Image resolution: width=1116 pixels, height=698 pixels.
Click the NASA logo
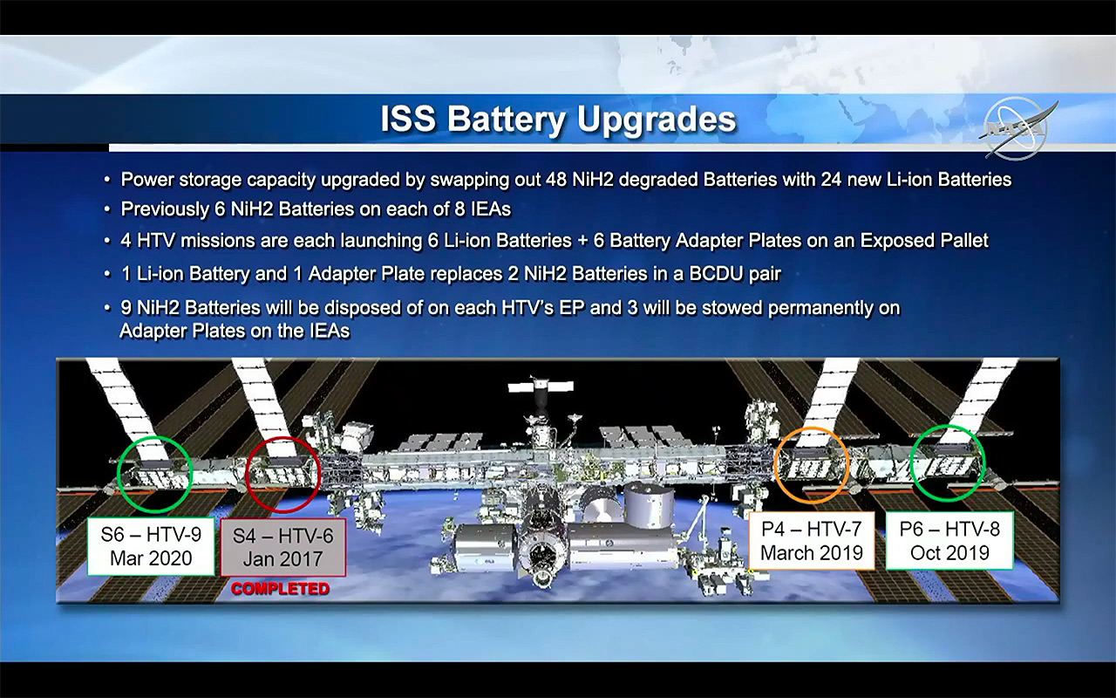coord(1017,128)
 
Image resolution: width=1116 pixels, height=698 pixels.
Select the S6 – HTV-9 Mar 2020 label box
coord(151,546)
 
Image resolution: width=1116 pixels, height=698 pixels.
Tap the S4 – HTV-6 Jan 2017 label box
coord(283,547)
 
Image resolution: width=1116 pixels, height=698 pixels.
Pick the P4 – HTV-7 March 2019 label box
coord(812,541)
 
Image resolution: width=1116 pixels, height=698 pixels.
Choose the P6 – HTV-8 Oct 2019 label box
coord(949,541)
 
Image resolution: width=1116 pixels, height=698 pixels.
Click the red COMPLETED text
coord(280,589)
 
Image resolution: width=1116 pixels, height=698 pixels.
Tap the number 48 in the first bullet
coord(556,180)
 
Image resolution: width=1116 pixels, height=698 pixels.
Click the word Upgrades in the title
coord(657,120)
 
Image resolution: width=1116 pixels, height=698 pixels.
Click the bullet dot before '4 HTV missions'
coord(107,241)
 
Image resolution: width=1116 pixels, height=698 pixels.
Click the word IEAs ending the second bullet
coord(491,209)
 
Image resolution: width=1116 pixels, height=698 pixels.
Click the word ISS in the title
coord(408,120)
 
